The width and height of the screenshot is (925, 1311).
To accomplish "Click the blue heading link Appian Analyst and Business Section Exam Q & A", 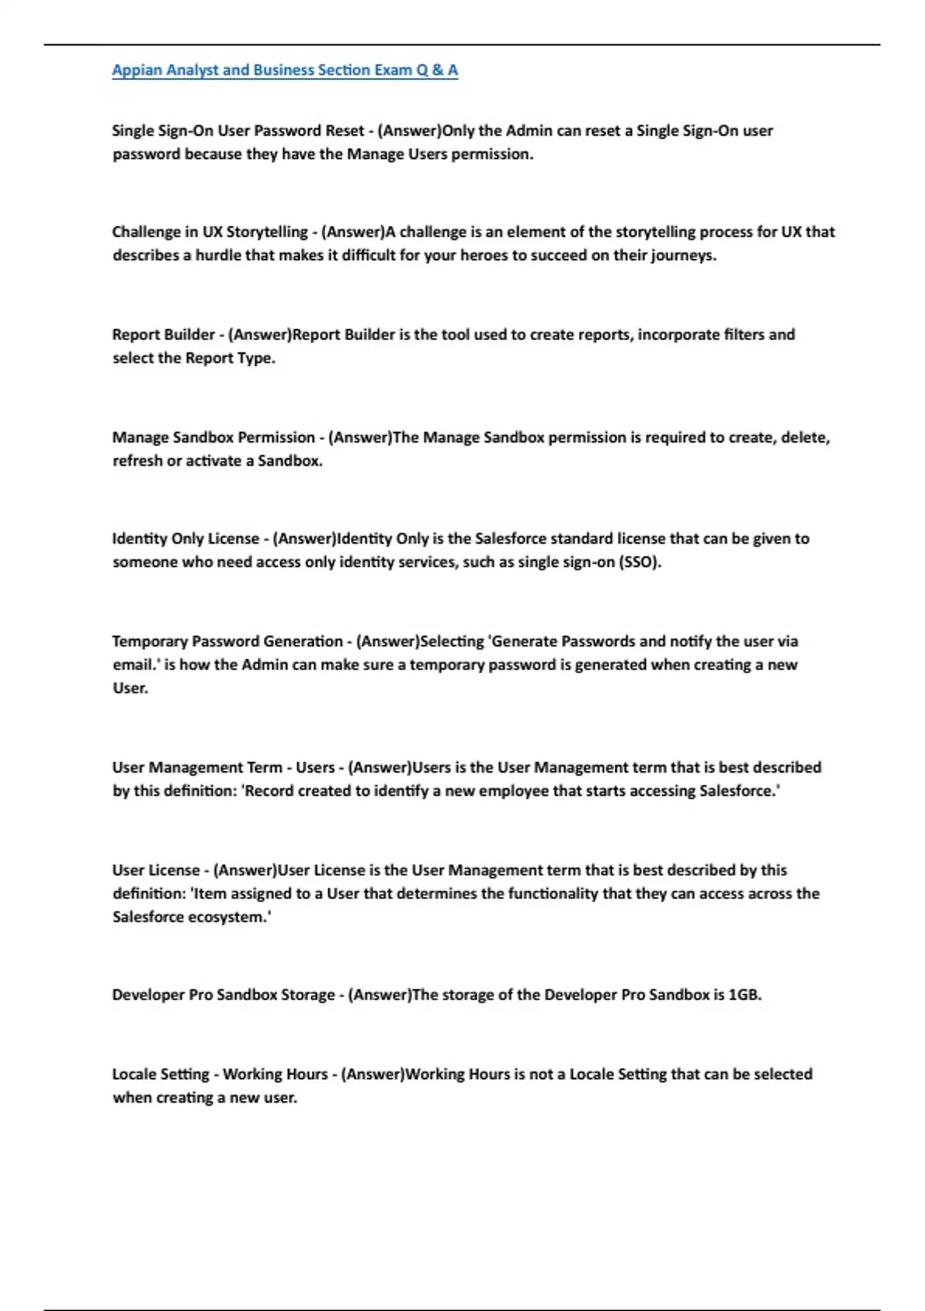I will [x=284, y=70].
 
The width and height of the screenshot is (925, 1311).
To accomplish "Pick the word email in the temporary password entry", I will [x=133, y=665].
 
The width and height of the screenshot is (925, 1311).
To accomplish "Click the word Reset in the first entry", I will [x=344, y=131].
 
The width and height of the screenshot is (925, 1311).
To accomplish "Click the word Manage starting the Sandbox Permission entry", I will [x=140, y=438].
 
